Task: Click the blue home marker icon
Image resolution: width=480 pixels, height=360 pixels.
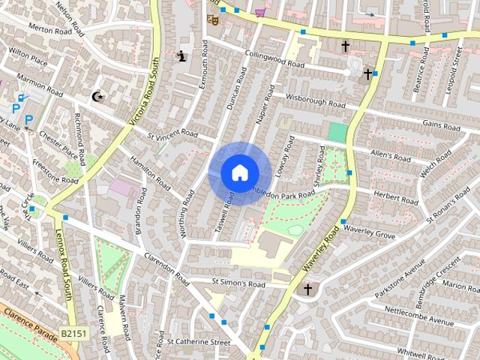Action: [239, 172]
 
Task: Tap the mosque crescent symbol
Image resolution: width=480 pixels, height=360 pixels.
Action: [97, 96]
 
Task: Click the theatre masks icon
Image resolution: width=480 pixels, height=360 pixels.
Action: [212, 19]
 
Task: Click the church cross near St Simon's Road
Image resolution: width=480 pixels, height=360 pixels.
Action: [307, 289]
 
